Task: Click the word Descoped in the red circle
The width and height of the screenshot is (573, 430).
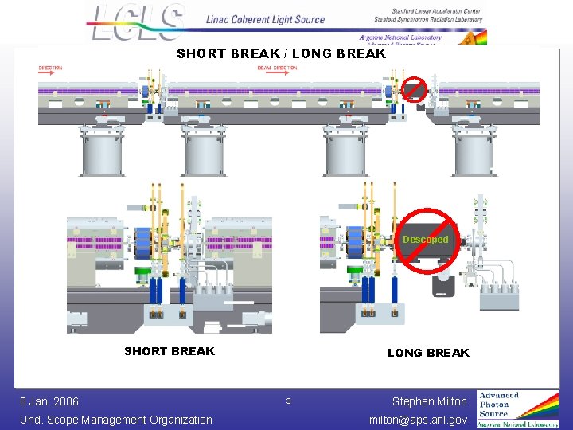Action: tap(425, 239)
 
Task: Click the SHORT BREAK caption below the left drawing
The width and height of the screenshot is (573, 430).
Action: tap(170, 351)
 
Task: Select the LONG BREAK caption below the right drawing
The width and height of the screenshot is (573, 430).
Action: tap(428, 352)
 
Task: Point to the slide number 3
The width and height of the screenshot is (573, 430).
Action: tap(289, 401)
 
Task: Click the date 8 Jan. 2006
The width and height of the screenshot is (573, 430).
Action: tap(49, 401)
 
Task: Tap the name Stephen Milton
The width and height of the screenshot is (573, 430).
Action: tap(430, 401)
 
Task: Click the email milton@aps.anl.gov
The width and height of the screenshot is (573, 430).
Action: tap(418, 420)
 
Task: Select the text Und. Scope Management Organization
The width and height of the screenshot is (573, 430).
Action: tap(116, 420)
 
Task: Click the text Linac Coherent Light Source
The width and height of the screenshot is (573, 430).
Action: tap(265, 19)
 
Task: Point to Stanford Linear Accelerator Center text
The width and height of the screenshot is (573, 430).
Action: tap(427, 10)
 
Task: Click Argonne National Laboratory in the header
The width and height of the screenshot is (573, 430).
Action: tap(400, 37)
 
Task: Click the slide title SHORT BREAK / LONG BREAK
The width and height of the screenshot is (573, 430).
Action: tap(281, 54)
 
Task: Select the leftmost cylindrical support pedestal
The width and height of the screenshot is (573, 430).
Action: tap(102, 152)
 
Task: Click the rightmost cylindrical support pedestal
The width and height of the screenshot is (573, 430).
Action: tap(474, 152)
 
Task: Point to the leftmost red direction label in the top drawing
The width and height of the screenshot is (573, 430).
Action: tap(50, 68)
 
